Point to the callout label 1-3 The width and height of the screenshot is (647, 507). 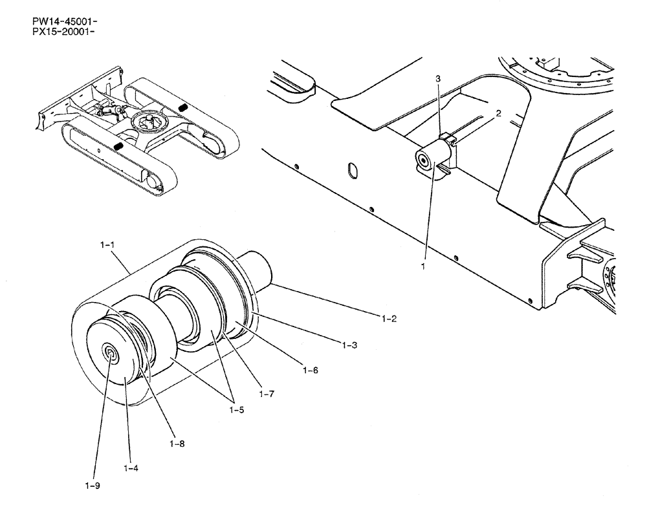point(351,346)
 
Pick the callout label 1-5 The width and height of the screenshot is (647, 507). point(236,409)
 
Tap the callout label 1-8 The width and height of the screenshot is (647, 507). point(177,444)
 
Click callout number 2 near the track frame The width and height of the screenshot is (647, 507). point(498,113)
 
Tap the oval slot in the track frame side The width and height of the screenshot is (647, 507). point(353,169)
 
